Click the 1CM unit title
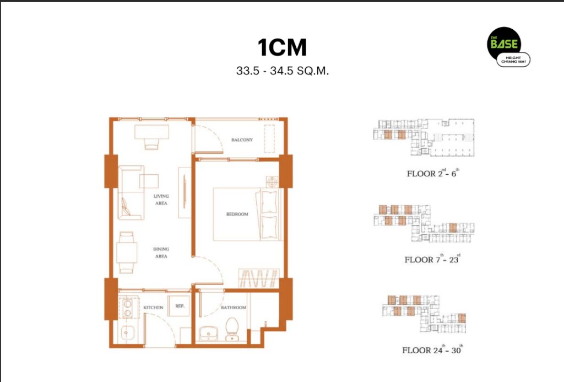tap(283, 47)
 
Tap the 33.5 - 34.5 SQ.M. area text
tap(283, 71)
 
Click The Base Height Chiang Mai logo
tap(508, 47)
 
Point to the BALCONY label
tap(242, 139)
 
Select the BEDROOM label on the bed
tap(237, 214)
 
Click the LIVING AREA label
tap(161, 200)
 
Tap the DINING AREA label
tap(161, 253)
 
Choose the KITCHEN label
tap(153, 308)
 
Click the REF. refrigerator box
tap(179, 306)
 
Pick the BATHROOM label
tap(234, 308)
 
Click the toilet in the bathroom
tap(232, 329)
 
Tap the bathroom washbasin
tap(208, 333)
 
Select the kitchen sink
tap(127, 333)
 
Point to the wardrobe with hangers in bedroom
tap(259, 278)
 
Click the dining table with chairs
tap(127, 252)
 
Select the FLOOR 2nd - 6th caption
tap(433, 173)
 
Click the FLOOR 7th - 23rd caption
tap(432, 259)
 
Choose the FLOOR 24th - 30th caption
tap(432, 349)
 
